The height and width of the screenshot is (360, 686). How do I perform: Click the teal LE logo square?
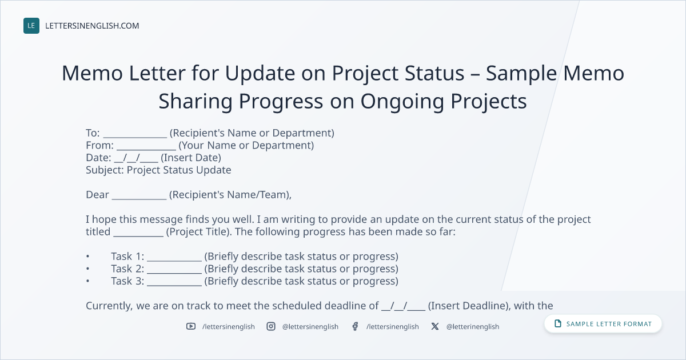[31, 26]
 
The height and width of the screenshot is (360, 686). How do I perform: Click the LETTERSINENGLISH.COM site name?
[92, 26]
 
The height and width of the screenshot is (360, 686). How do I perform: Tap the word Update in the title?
[260, 74]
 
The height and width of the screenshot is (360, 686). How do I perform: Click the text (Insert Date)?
[191, 158]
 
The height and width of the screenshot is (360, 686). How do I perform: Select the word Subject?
[105, 170]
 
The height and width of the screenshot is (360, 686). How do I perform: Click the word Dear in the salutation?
[97, 195]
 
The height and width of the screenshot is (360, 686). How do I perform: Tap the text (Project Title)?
[198, 232]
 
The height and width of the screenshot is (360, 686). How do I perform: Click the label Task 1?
[127, 256]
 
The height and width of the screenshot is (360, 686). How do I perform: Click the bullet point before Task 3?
[87, 281]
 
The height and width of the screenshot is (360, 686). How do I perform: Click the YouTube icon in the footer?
[191, 326]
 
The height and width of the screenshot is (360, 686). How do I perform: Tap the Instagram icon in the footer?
[271, 326]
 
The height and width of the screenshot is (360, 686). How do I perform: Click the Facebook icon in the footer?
[355, 326]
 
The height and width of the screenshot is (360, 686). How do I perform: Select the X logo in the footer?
[435, 326]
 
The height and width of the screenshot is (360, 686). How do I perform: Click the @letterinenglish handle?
[473, 327]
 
